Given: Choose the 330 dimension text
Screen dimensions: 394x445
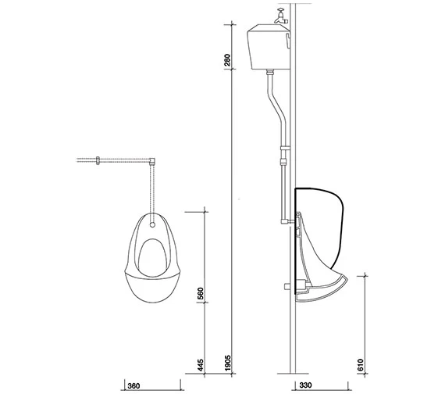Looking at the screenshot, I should [305, 385].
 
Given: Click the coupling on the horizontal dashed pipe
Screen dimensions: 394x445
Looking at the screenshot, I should [98, 161].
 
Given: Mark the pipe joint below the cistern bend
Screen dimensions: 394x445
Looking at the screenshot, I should [283, 159].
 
